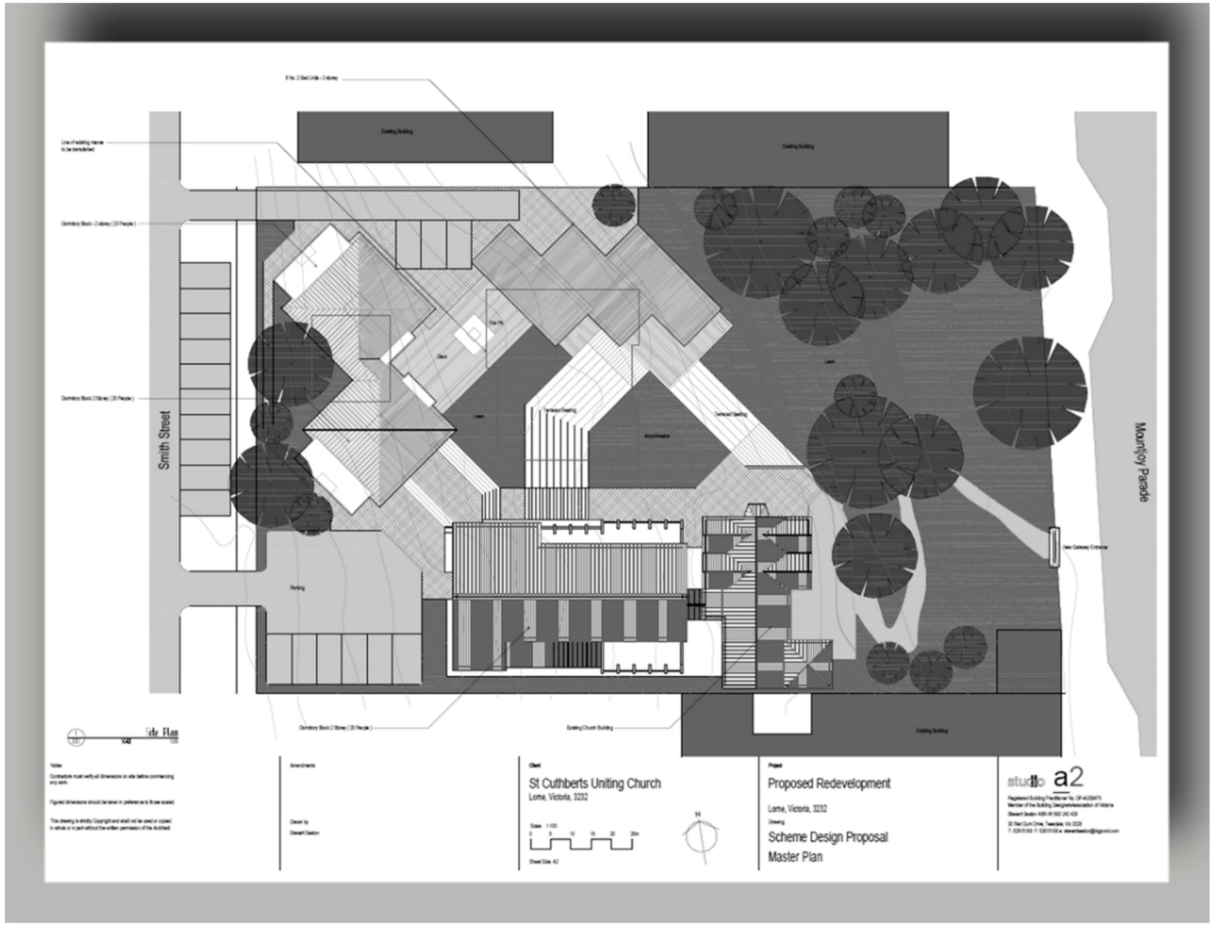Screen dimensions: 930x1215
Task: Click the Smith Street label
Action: [x=164, y=440]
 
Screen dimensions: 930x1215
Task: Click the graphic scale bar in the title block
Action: [x=582, y=844]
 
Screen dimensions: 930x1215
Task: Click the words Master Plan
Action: [x=795, y=857]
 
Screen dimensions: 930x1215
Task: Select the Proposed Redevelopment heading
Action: [x=829, y=784]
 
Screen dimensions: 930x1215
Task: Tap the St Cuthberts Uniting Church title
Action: [x=595, y=784]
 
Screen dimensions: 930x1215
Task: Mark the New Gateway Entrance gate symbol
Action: [x=1053, y=547]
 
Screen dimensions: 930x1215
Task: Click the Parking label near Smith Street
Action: [x=297, y=588]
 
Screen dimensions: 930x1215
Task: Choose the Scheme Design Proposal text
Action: [x=827, y=837]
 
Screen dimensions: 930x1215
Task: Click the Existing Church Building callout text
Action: [x=590, y=728]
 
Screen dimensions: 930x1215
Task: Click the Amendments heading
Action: [x=303, y=766]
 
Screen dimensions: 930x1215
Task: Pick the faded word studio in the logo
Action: [x=1025, y=782]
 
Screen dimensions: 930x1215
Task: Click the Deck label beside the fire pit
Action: [x=442, y=356]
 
